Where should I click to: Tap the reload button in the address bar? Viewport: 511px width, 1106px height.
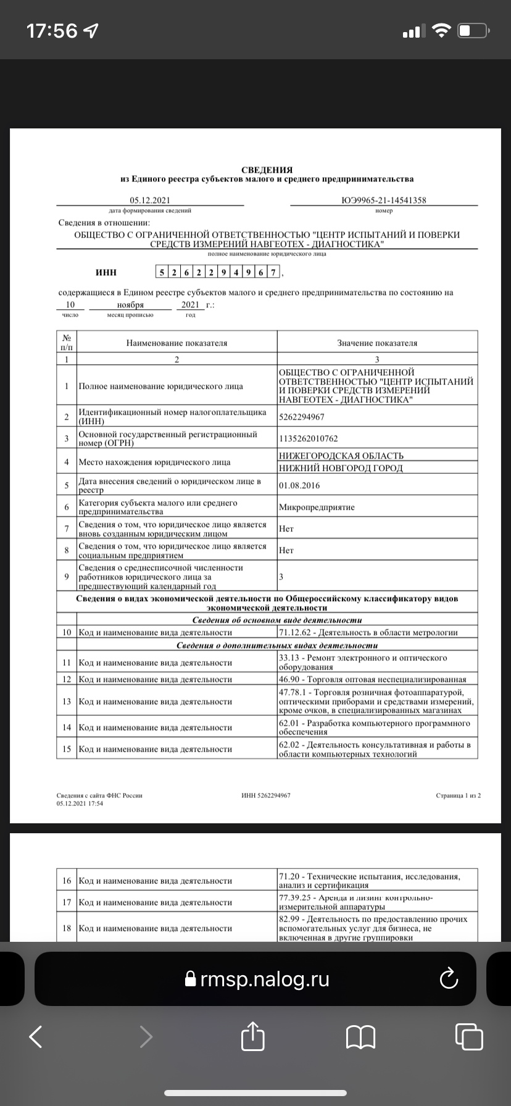pyautogui.click(x=447, y=979)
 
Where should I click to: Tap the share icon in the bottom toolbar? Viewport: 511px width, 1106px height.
pyautogui.click(x=253, y=1036)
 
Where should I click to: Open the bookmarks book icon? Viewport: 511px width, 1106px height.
pyautogui.click(x=361, y=1036)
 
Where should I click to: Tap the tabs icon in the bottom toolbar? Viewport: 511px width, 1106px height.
pyautogui.click(x=469, y=1036)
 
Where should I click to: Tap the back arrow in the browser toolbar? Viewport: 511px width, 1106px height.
pyautogui.click(x=36, y=1036)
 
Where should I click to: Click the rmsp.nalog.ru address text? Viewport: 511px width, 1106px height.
pyautogui.click(x=265, y=979)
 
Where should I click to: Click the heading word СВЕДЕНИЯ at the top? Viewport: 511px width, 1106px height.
pyautogui.click(x=267, y=170)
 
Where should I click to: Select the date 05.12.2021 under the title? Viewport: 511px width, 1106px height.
pyautogui.click(x=149, y=200)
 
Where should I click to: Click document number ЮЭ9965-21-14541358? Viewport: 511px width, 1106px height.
pyautogui.click(x=383, y=200)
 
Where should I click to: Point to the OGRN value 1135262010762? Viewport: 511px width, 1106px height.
pyautogui.click(x=309, y=438)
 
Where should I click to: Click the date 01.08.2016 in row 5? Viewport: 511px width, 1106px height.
pyautogui.click(x=299, y=485)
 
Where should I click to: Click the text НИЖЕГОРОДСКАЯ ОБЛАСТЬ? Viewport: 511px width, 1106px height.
pyautogui.click(x=341, y=455)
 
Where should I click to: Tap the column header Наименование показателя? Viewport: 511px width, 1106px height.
pyautogui.click(x=177, y=343)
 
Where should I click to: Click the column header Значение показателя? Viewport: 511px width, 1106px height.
pyautogui.click(x=377, y=343)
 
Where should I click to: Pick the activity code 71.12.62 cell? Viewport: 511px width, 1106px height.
pyautogui.click(x=368, y=632)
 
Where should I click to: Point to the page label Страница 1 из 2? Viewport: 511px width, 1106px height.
pyautogui.click(x=458, y=795)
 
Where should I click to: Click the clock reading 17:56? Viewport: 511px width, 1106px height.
pyautogui.click(x=52, y=30)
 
